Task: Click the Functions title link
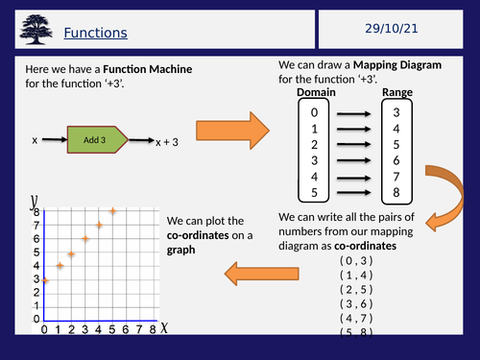(95, 34)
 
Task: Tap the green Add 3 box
(94, 139)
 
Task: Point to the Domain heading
(317, 92)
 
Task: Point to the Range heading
(396, 92)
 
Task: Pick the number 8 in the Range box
(396, 193)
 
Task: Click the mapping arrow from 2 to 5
(355, 144)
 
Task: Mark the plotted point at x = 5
(113, 211)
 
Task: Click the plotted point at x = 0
(44, 280)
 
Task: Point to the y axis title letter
(35, 200)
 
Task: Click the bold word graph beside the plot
(181, 249)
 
